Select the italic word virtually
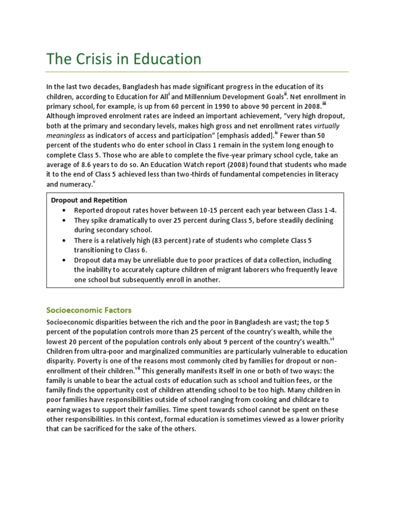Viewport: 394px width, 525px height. (x=327, y=126)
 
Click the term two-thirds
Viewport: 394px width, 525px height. (x=217, y=174)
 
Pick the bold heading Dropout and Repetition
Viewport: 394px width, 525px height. (x=89, y=200)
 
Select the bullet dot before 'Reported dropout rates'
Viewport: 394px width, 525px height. (x=63, y=210)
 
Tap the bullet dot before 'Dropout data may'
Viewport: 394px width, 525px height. (x=63, y=260)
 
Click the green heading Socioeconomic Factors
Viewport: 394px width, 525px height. (x=89, y=310)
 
